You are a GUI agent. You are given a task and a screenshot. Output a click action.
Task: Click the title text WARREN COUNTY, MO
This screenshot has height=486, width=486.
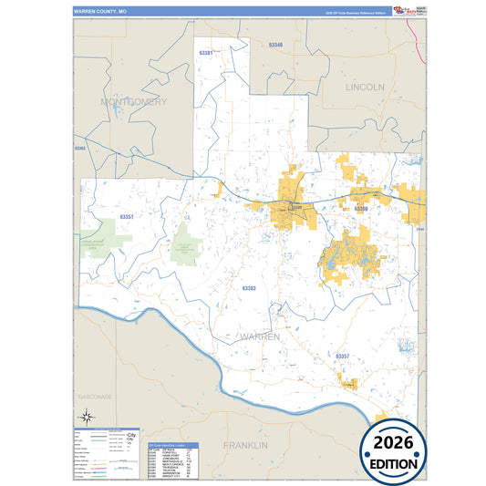point(100,11)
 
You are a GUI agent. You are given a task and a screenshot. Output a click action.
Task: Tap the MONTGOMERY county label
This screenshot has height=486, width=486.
point(134,102)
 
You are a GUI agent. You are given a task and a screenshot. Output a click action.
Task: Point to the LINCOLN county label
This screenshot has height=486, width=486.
point(365,87)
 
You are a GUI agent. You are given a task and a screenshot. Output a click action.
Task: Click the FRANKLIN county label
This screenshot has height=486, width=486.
point(246,445)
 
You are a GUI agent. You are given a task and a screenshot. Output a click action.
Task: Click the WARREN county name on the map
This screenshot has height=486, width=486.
point(259,336)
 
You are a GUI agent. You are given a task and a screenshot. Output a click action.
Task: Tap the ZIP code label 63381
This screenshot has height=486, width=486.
point(206,54)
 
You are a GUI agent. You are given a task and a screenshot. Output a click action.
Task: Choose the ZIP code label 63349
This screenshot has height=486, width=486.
point(275,45)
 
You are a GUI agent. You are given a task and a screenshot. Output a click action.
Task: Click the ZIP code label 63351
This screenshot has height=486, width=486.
point(127,216)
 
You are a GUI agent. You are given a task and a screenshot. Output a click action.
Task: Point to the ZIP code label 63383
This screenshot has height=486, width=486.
point(249,287)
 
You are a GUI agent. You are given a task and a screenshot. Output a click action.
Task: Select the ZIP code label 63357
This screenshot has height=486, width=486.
point(342,355)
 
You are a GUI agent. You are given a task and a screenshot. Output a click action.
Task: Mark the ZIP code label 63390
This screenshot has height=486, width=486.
point(361,209)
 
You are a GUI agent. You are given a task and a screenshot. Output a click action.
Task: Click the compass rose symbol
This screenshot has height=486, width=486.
point(84,418)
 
